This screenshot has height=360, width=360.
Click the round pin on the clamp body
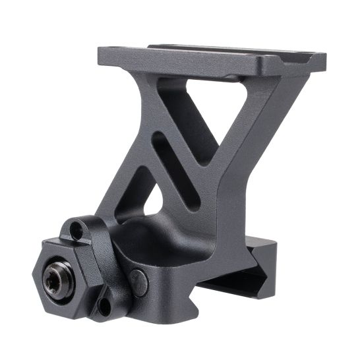138,282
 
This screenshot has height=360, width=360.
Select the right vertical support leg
237,171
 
